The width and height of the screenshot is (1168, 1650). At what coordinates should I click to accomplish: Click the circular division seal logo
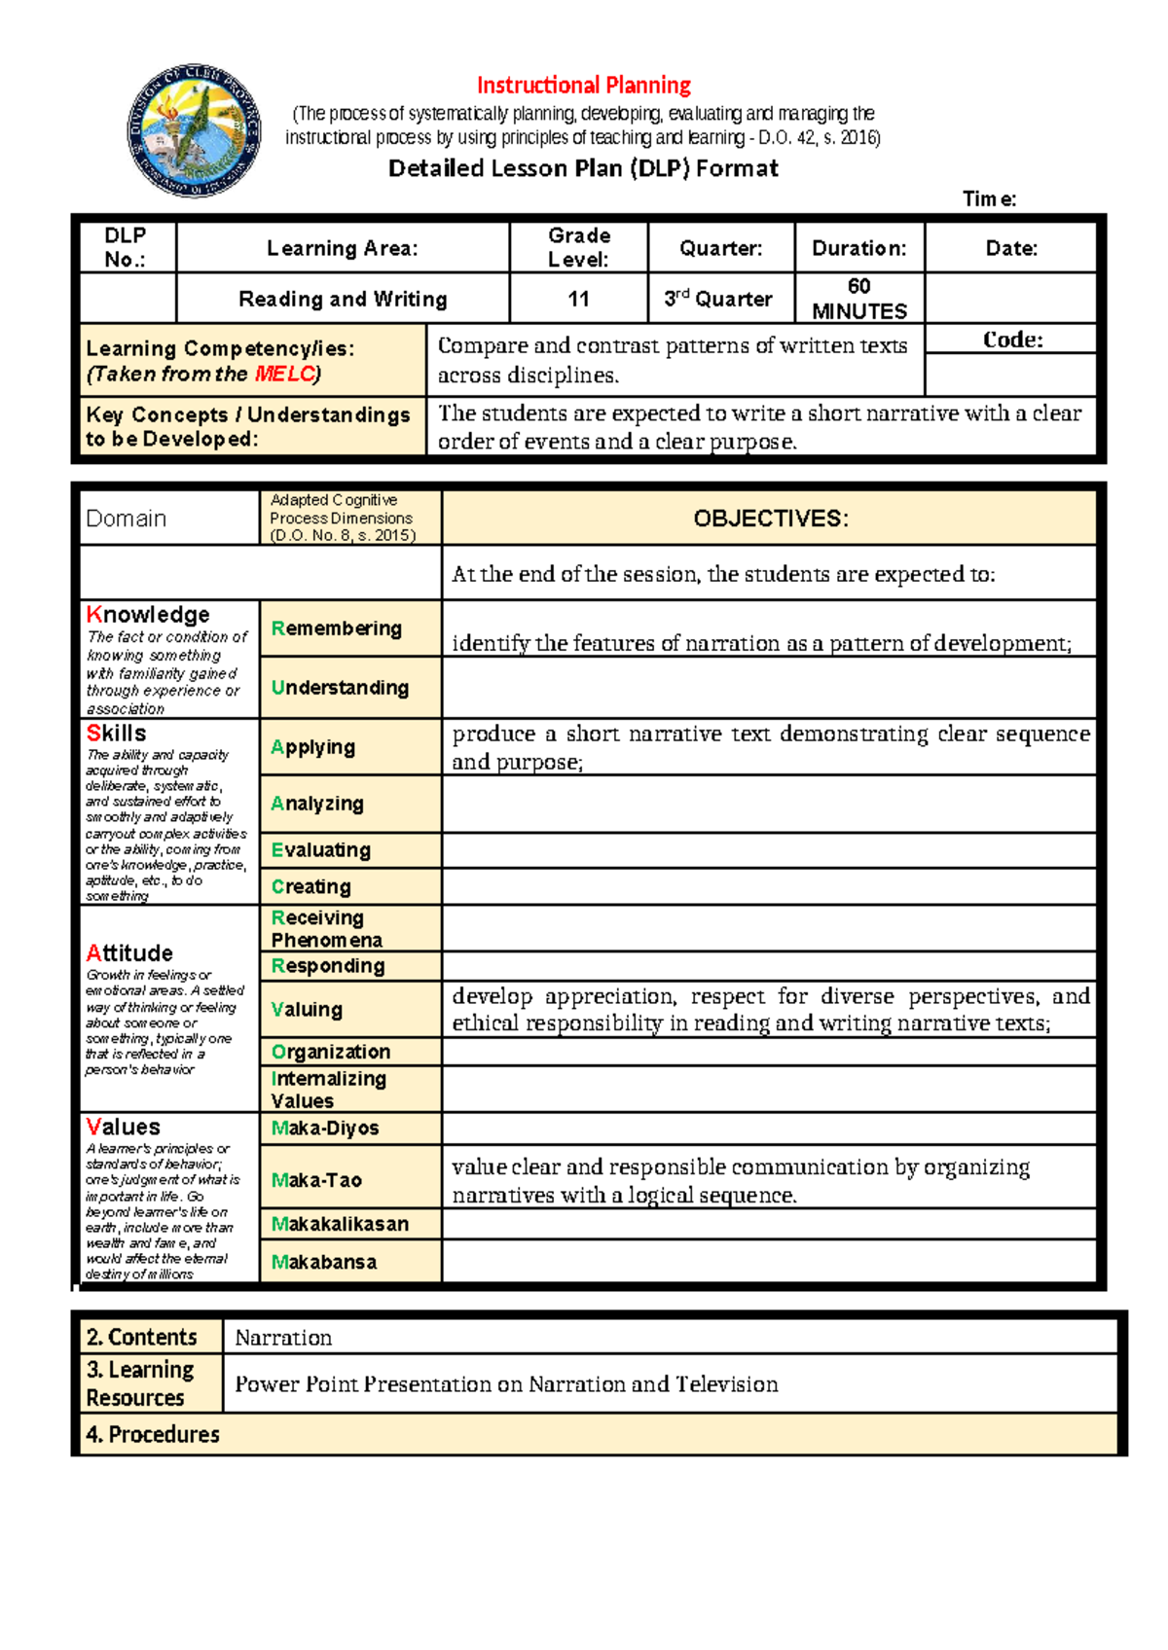coord(194,131)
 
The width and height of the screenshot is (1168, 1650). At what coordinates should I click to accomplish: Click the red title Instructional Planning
coord(583,86)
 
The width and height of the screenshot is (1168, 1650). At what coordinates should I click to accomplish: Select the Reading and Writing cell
coord(343,299)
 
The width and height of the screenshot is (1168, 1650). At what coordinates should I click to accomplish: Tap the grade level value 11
coord(578,299)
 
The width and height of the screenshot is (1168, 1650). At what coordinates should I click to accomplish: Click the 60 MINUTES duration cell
coord(859,299)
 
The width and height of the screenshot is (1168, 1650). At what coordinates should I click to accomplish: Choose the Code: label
coord(1012,340)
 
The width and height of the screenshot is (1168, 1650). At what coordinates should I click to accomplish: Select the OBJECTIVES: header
coord(770,519)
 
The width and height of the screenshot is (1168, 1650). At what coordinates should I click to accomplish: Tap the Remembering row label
coord(337,628)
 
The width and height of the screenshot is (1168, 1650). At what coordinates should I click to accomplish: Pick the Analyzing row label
coord(317,804)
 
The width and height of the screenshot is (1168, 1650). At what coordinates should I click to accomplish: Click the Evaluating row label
coord(321,850)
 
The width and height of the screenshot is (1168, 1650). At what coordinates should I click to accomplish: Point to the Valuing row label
coord(307,1010)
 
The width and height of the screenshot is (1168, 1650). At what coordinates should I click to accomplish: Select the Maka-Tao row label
coord(316,1180)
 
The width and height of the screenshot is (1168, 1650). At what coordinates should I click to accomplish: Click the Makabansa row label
coord(324,1262)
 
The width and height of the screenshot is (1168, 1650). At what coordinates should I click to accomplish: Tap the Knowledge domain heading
coord(148,615)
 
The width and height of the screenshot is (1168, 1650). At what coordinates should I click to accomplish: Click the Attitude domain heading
coord(129,953)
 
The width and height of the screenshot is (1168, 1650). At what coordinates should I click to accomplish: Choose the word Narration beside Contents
coord(283,1338)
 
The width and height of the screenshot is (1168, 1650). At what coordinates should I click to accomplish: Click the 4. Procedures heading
coord(153,1434)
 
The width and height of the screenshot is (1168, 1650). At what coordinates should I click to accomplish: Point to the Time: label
coord(989,199)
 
